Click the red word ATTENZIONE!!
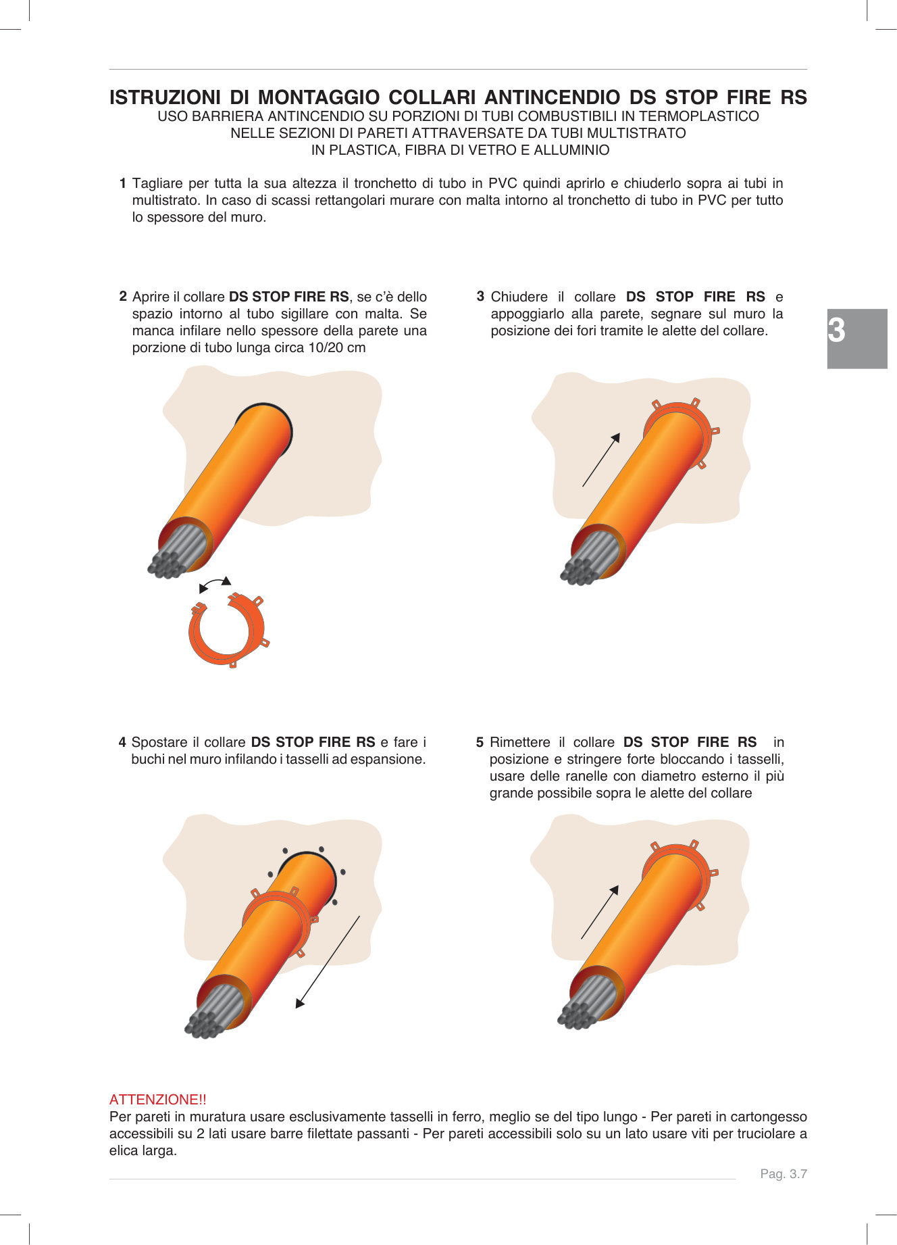(157, 1100)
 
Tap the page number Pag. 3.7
(783, 1174)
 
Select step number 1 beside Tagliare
(122, 183)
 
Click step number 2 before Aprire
(123, 296)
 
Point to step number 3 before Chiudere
(480, 296)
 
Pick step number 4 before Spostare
(122, 742)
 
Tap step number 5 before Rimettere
(480, 742)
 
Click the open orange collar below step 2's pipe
(227, 629)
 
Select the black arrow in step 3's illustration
(600, 460)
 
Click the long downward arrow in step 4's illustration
(328, 962)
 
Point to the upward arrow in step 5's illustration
(599, 912)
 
